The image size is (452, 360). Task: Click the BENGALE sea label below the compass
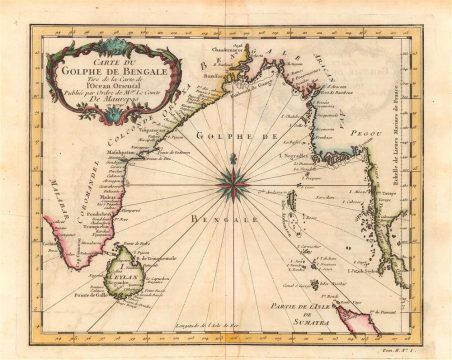point(237,217)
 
